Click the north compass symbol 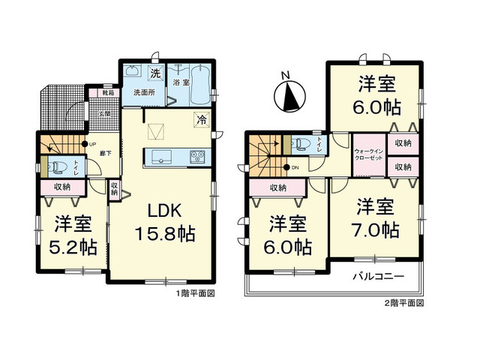[288, 94]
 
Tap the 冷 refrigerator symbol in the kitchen [201, 118]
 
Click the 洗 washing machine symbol [154, 73]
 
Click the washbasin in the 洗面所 [133, 73]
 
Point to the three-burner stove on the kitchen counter [198, 156]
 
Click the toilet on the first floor [58, 166]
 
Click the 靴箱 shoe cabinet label [108, 93]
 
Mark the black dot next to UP [84, 143]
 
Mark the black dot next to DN [286, 167]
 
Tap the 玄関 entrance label [106, 113]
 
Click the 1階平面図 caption [196, 294]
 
